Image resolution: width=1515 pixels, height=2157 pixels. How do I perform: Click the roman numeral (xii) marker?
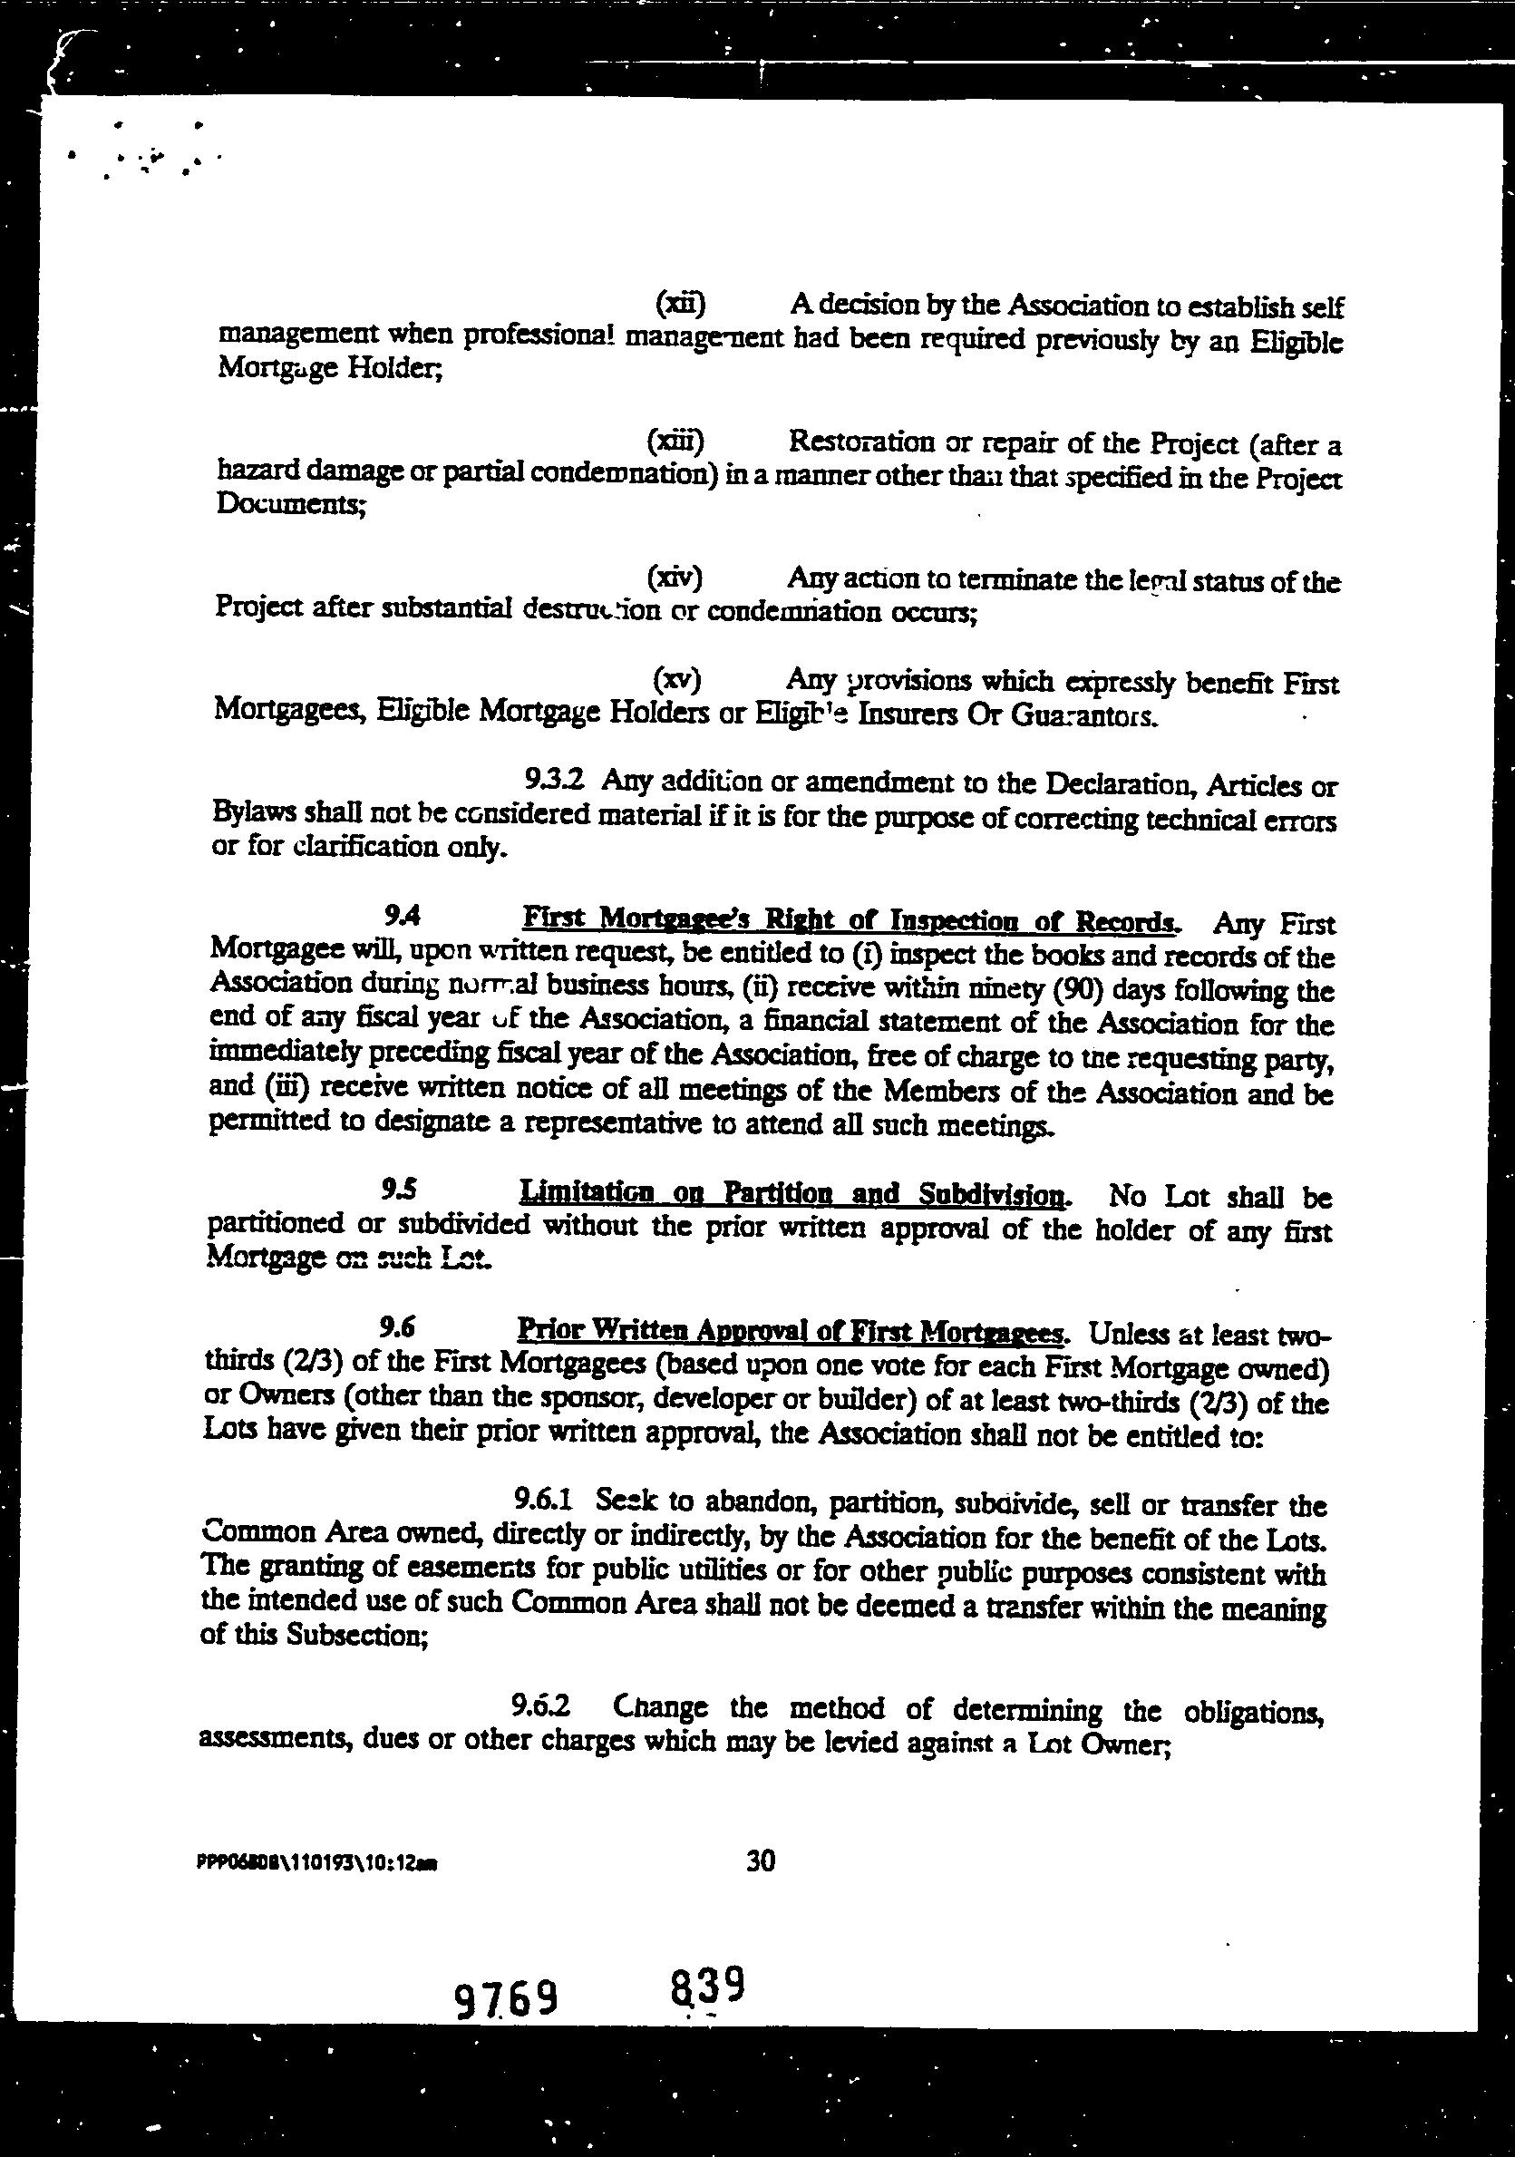coord(679,304)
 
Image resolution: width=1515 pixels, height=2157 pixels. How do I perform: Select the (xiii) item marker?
coord(675,440)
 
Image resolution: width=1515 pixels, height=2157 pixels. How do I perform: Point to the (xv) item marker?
coord(676,677)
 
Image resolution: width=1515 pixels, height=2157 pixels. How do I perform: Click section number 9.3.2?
coord(555,779)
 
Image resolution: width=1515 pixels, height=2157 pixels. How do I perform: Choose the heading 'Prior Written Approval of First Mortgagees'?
coord(791,1331)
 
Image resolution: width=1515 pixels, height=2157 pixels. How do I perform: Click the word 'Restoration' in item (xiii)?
coord(861,441)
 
